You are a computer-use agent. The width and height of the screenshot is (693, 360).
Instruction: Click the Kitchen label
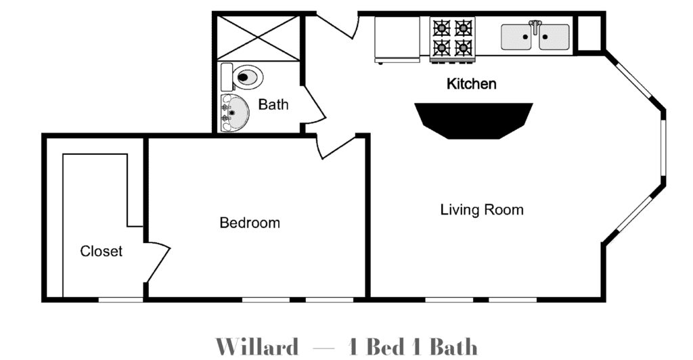[x=471, y=83]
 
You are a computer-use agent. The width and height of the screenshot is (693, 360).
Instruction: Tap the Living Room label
[x=482, y=209]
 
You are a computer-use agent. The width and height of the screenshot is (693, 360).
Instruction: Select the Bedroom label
[x=250, y=223]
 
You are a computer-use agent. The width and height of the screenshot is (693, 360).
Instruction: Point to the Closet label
[x=102, y=251]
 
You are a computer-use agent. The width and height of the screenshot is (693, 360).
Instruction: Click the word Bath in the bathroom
[x=273, y=105]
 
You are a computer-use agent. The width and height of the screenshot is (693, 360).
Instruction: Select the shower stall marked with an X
[x=259, y=37]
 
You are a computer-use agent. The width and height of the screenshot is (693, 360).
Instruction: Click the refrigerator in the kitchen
[x=397, y=39]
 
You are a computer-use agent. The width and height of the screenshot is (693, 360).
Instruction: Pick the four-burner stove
[x=453, y=38]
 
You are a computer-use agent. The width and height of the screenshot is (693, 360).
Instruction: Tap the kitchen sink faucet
[x=535, y=26]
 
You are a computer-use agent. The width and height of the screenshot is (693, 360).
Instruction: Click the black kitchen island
[x=473, y=120]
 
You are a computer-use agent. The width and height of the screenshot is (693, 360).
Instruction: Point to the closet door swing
[x=158, y=261]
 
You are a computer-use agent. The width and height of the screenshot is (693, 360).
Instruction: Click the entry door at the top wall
[x=336, y=26]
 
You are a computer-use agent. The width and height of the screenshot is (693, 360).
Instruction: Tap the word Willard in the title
[x=256, y=346]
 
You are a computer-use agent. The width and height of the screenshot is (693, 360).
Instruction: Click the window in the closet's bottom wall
[x=120, y=300]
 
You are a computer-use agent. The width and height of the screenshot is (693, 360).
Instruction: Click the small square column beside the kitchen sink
[x=589, y=34]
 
